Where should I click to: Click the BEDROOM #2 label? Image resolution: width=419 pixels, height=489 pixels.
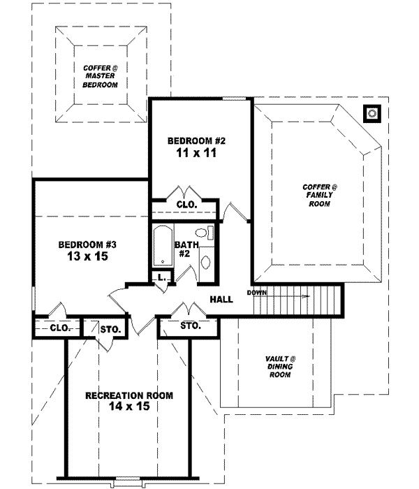click(196, 140)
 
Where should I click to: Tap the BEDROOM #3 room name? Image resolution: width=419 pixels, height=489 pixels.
click(87, 245)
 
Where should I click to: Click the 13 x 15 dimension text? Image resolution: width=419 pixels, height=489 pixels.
click(87, 256)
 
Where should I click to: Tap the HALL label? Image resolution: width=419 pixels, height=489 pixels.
click(221, 300)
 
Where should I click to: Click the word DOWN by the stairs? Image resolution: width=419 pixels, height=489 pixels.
click(256, 292)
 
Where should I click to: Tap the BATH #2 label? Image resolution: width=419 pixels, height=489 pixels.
click(184, 249)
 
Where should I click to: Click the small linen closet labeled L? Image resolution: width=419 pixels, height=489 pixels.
click(161, 277)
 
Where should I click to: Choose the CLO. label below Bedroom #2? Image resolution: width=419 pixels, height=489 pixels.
click(185, 205)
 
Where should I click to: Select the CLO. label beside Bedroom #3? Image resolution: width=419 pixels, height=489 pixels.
click(59, 327)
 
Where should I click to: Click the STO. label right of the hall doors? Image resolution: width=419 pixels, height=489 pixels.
click(190, 326)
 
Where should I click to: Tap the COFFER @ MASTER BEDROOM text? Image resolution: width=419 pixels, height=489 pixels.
click(96, 75)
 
